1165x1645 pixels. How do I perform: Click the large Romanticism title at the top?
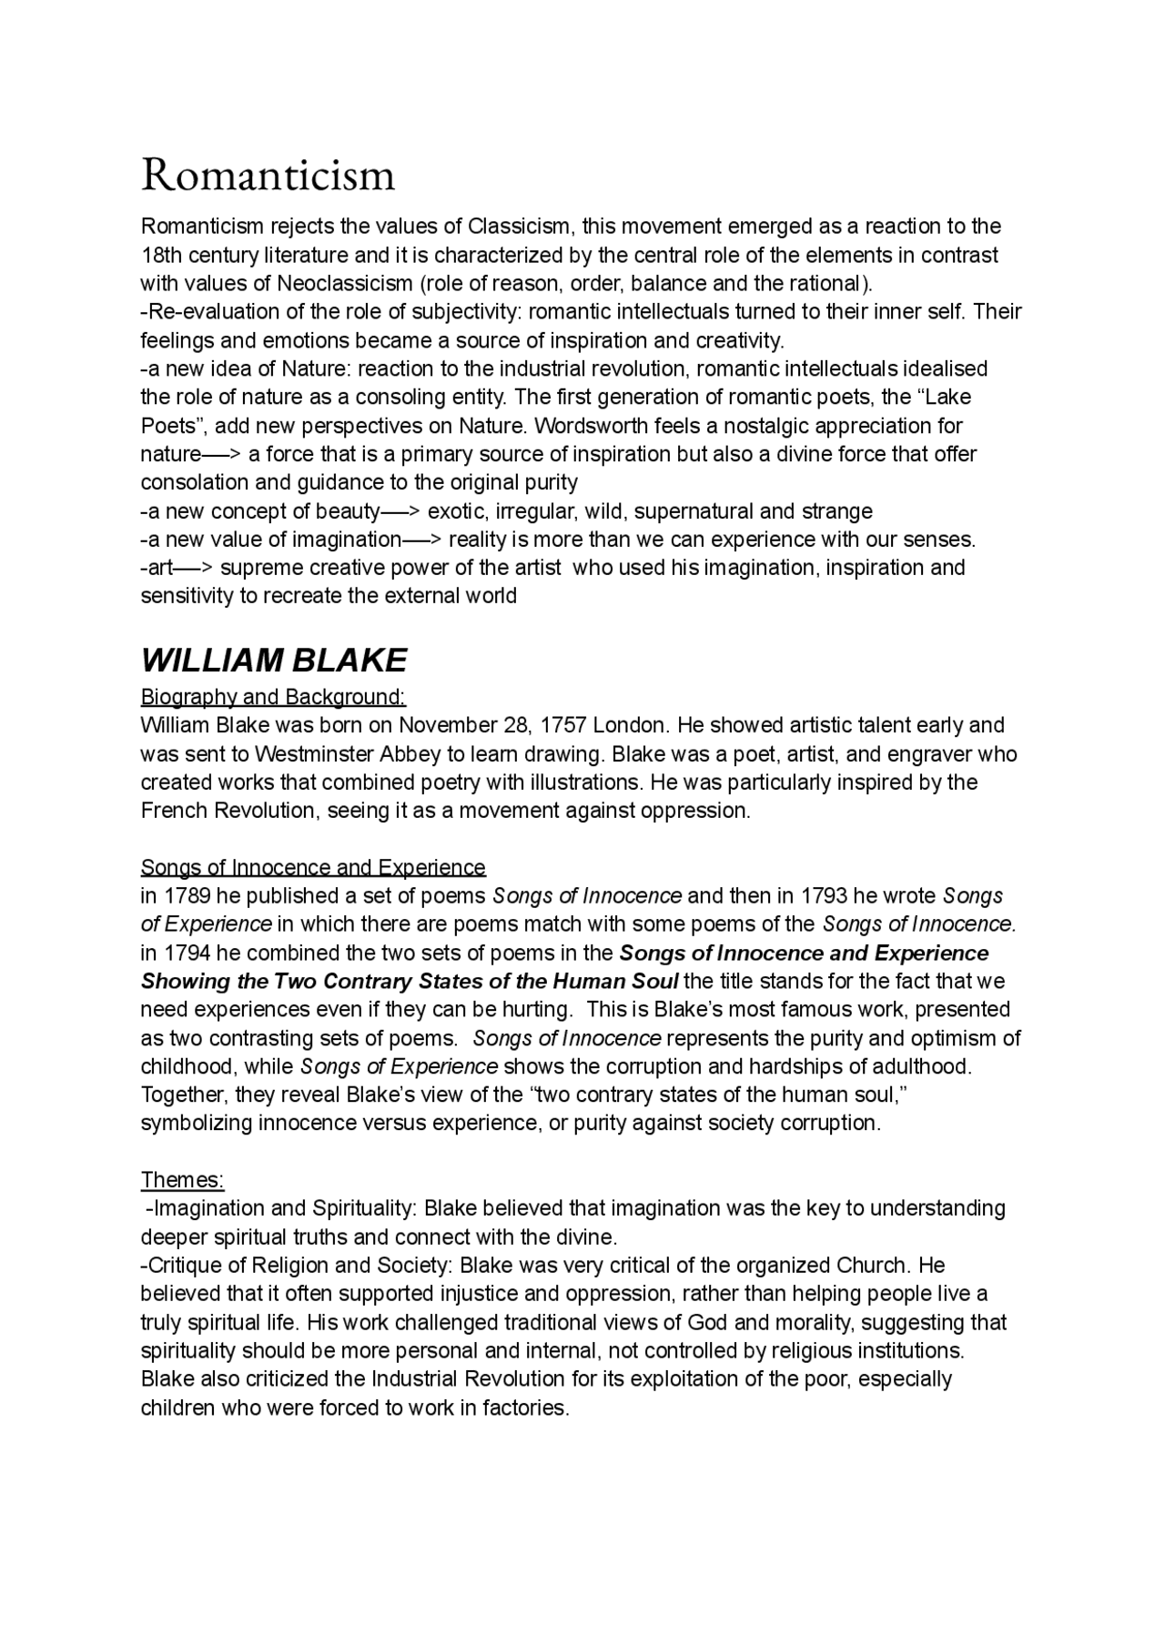[x=268, y=175]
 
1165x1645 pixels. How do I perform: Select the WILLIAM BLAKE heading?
[x=274, y=660]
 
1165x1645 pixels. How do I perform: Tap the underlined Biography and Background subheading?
[x=273, y=697]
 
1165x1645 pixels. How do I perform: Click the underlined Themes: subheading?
[x=182, y=1180]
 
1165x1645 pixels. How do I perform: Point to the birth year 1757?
[x=563, y=725]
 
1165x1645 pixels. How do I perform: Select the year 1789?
[x=187, y=896]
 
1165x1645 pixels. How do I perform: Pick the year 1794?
[x=187, y=954]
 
